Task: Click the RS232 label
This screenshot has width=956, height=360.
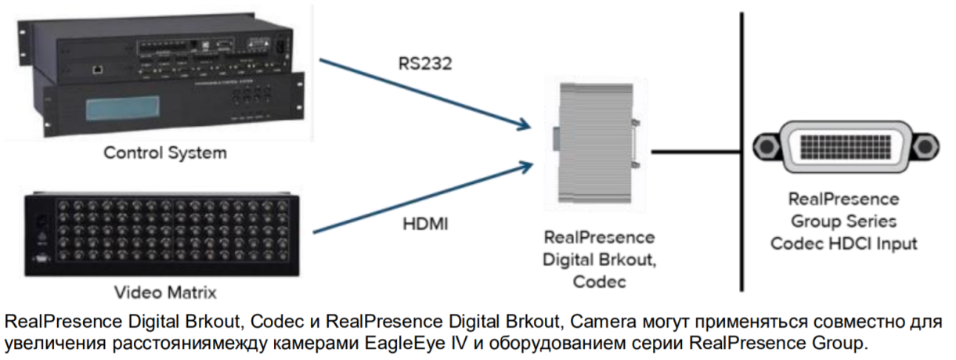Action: point(424,63)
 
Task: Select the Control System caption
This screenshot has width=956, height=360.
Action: point(165,153)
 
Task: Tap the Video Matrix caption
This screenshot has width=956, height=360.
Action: point(165,293)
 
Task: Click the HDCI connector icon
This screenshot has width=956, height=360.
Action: point(844,146)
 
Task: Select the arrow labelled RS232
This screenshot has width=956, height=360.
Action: point(423,92)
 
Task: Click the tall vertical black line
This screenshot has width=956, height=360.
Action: point(740,149)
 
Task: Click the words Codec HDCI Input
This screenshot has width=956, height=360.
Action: point(844,243)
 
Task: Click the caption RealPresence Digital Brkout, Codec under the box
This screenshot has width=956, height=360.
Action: point(598,259)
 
